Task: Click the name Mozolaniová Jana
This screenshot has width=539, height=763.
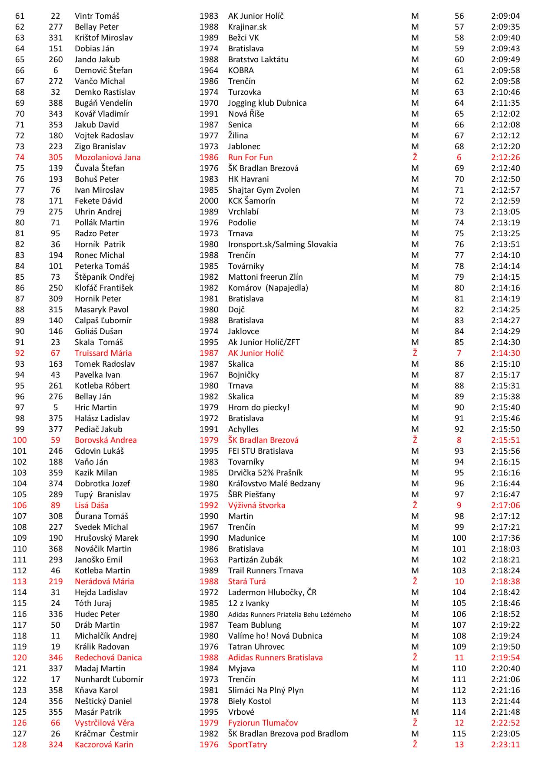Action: [x=107, y=157]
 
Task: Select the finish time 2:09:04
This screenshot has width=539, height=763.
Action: [x=505, y=16]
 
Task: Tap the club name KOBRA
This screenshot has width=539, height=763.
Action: [x=241, y=70]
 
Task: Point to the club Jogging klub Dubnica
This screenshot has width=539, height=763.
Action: [x=267, y=103]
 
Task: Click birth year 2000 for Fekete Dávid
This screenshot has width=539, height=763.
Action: [x=209, y=201]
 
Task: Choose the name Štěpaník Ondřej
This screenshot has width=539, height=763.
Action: [x=104, y=277]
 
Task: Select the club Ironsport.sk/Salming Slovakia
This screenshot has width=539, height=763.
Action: [x=283, y=244]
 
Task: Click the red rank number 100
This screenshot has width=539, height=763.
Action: [x=20, y=440]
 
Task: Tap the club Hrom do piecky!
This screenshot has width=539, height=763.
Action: [x=259, y=408]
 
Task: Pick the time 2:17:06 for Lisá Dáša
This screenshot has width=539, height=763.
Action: [x=505, y=505]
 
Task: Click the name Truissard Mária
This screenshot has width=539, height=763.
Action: [x=103, y=353]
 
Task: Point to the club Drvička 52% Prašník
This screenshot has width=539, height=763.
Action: [x=265, y=473]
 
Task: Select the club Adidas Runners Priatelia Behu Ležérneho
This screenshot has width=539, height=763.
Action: [x=289, y=615]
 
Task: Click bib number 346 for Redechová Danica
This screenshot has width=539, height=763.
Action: [x=56, y=658]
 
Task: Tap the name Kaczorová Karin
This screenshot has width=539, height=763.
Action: [x=104, y=745]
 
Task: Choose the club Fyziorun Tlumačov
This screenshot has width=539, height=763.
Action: [x=263, y=723]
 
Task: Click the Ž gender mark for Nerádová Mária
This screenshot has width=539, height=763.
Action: [x=415, y=582]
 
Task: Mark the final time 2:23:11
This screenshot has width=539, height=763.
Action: [x=505, y=745]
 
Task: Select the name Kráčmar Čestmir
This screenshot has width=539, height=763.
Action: [x=106, y=734]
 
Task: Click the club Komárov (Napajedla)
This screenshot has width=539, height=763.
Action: [x=268, y=288]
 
